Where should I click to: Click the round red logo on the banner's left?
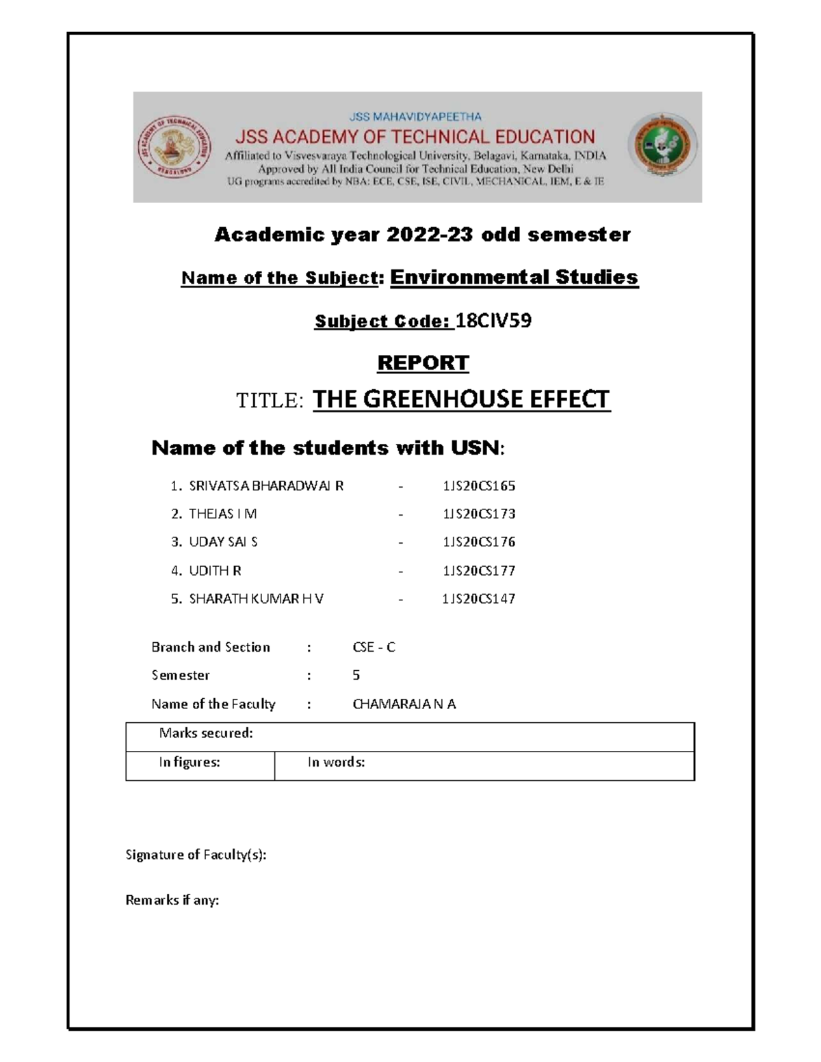174,148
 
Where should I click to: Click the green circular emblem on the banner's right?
662,146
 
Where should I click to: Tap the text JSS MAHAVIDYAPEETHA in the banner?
415,117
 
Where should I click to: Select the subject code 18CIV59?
493,321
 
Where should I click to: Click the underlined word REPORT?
423,362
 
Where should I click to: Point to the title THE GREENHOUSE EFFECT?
460,399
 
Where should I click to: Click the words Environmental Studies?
514,277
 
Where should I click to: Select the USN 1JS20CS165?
478,486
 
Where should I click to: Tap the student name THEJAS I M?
222,514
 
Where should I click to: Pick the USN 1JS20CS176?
478,542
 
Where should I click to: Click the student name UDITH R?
215,570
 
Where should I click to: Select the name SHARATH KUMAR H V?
256,599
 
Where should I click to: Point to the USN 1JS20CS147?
478,599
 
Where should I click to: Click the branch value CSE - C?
374,647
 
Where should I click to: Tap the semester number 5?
356,676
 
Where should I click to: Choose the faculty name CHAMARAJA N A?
404,704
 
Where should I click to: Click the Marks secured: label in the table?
206,733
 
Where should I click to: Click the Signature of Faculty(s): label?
196,855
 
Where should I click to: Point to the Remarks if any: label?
172,900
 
